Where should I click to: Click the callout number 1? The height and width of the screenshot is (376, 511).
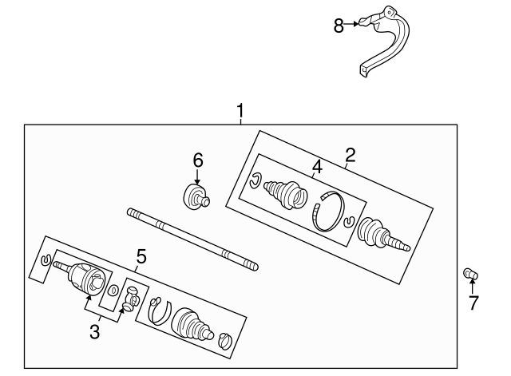tap(240, 112)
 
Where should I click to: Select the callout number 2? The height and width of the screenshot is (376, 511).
tap(351, 156)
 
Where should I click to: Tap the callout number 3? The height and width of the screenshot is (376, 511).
tap(94, 332)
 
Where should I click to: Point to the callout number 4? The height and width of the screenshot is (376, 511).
tap(317, 167)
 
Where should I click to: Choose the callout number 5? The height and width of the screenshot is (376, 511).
tap(141, 256)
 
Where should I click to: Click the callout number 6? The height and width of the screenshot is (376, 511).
tap(198, 160)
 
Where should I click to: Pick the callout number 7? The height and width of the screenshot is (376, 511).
tap(473, 303)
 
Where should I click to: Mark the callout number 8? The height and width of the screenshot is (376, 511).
tap(339, 26)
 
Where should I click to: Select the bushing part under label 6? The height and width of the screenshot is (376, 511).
tap(196, 196)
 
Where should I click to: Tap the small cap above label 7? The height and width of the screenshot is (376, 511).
tap(470, 274)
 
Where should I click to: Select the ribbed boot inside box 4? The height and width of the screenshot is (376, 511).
tap(286, 194)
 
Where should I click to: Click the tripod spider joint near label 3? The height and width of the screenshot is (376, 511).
tap(131, 298)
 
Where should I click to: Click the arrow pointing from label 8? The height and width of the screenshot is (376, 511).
tap(351, 24)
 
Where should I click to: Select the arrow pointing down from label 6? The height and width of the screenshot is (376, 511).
tap(197, 177)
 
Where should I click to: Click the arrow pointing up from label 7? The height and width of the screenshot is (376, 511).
tap(472, 286)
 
